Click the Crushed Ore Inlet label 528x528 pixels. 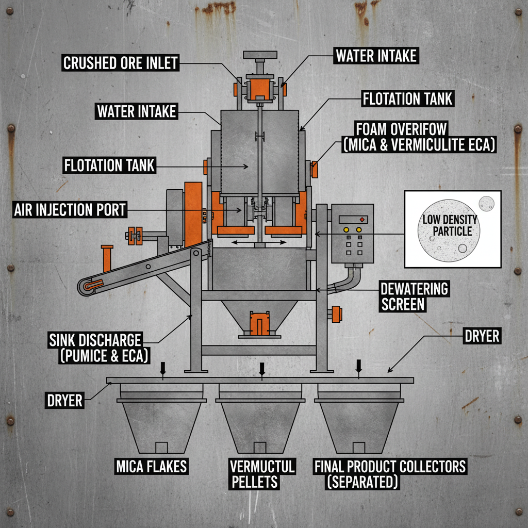click(120, 63)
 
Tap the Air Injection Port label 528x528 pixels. click(70, 210)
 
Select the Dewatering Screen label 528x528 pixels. click(414, 296)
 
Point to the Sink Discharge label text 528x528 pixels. click(95, 348)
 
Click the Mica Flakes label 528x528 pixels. click(151, 467)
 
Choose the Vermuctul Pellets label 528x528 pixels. click(262, 474)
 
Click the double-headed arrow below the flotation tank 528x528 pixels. click(259, 242)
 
